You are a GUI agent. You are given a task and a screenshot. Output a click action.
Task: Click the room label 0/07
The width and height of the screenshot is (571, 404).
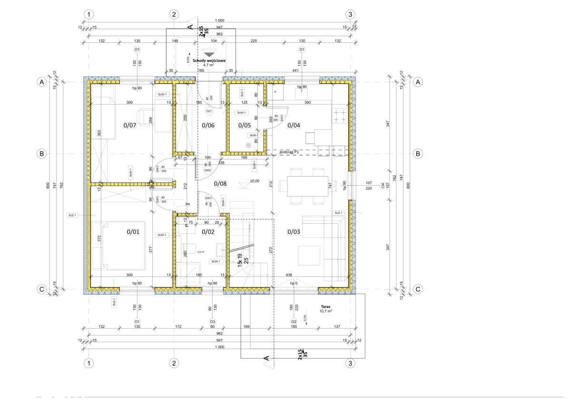pyautogui.click(x=130, y=126)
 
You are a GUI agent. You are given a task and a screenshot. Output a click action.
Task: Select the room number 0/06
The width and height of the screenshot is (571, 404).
pyautogui.click(x=208, y=126)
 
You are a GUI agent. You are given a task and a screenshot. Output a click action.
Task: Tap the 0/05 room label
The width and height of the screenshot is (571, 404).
pyautogui.click(x=245, y=126)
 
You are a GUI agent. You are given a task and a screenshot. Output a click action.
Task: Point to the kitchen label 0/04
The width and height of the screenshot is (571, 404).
pyautogui.click(x=294, y=126)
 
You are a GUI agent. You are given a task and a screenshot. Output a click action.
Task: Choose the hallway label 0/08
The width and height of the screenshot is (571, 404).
pyautogui.click(x=221, y=183)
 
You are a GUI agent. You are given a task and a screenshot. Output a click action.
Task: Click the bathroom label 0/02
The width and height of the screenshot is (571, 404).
pyautogui.click(x=208, y=232)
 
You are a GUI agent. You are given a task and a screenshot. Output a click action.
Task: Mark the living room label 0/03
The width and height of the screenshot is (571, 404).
pyautogui.click(x=294, y=232)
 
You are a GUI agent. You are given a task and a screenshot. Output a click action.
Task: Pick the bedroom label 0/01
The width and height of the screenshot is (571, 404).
pyautogui.click(x=133, y=232)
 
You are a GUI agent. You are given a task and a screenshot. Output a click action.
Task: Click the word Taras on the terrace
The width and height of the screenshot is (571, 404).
pyautogui.click(x=326, y=307)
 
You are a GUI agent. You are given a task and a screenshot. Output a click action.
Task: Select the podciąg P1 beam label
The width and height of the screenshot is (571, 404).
pyautogui.click(x=289, y=151)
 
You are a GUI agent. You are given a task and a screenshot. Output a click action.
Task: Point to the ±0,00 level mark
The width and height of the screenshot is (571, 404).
pyautogui.click(x=255, y=181)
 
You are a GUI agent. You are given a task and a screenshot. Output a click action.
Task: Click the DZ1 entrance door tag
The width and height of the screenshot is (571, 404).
pyautogui.click(x=208, y=111)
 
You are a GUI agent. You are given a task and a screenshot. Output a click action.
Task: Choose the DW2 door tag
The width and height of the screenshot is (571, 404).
pyautogui.click(x=207, y=170)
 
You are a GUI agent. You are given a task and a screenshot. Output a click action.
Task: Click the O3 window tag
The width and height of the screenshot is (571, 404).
pyautogui.click(x=213, y=322)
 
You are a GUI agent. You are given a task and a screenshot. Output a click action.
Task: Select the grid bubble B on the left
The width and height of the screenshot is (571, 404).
pyautogui.click(x=42, y=154)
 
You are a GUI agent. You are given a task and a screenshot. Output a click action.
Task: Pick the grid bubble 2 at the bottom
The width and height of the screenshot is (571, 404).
pyautogui.click(x=175, y=363)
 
